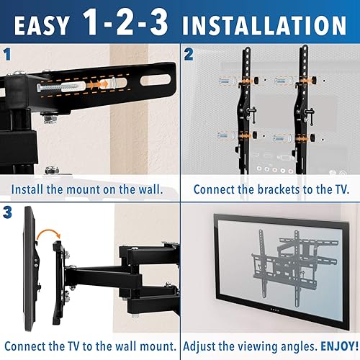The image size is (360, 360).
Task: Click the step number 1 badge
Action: coord(7,53)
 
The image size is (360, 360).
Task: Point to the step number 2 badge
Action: coord(189,53)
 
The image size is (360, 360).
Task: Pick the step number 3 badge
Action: coord(7,212)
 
